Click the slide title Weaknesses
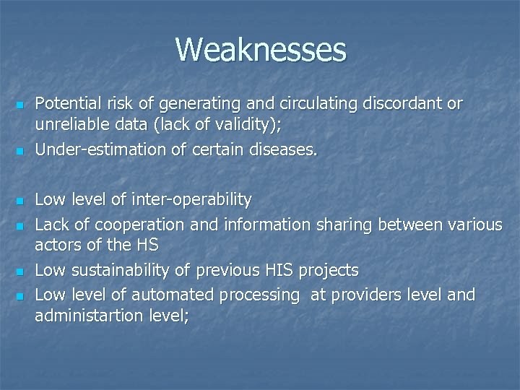pyautogui.click(x=260, y=50)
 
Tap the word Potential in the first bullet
pyautogui.click(x=62, y=104)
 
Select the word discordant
pyautogui.click(x=405, y=104)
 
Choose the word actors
pyautogui.click(x=56, y=245)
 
